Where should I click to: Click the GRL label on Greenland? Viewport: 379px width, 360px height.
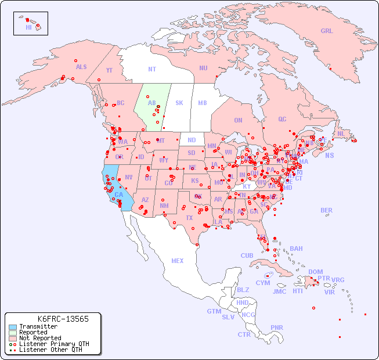point(327,31)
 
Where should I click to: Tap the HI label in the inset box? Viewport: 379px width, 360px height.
point(28,27)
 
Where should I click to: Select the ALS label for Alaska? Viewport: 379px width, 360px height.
point(81,67)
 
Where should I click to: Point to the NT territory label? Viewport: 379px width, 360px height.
point(151,69)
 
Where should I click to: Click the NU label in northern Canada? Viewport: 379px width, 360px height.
point(203,68)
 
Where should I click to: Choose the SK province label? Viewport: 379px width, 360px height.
point(179,103)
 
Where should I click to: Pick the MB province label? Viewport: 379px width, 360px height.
point(202,103)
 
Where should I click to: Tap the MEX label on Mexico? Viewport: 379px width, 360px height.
point(177,261)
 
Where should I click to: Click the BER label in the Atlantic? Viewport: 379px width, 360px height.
point(327,210)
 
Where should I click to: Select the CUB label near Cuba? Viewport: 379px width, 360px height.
point(247,255)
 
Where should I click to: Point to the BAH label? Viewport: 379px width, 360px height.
point(296,249)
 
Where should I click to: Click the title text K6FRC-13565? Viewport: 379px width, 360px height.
point(63,319)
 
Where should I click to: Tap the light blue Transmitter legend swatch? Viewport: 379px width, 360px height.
point(12,327)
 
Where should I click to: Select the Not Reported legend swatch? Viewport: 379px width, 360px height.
point(12,338)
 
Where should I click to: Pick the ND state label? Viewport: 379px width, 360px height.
point(192,140)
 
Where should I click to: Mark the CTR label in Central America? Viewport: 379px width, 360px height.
point(244,334)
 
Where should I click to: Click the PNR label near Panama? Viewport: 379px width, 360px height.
point(277,327)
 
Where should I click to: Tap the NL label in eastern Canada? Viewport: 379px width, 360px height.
point(341,133)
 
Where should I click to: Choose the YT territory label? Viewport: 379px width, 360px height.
point(109,70)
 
